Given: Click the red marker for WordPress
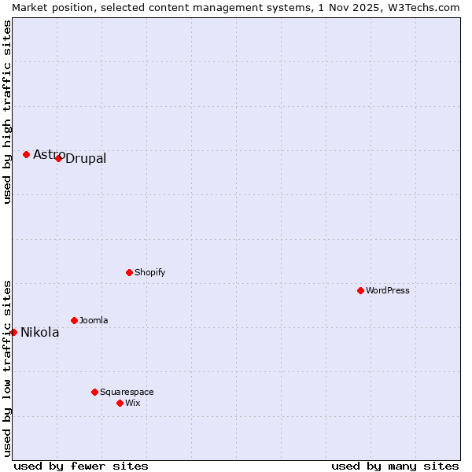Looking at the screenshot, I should coord(360,290).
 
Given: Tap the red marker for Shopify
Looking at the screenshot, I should coord(129,272).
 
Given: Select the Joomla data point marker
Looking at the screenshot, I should coord(74,320).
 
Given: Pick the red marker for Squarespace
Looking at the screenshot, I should coord(94,392).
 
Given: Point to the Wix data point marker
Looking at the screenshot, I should coord(120,403).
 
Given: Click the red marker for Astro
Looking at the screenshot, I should coord(26,154).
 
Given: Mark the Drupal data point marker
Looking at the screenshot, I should coord(58,158).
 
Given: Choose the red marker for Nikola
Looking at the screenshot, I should coord(13,332).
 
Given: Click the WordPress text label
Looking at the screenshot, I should coord(388,290).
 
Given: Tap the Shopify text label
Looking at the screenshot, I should coord(149,272).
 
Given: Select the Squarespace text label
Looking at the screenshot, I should coord(127,392).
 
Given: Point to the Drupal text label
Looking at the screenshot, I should coord(86,159).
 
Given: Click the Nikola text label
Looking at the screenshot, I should coord(40,333).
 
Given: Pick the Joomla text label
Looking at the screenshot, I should coord(94,320).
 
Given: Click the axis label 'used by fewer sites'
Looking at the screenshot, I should coord(81,466).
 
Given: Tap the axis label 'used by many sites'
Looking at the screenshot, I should coord(395,466).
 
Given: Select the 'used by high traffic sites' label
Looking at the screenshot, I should coord(7,112).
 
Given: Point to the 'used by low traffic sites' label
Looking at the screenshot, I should coord(7,367).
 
